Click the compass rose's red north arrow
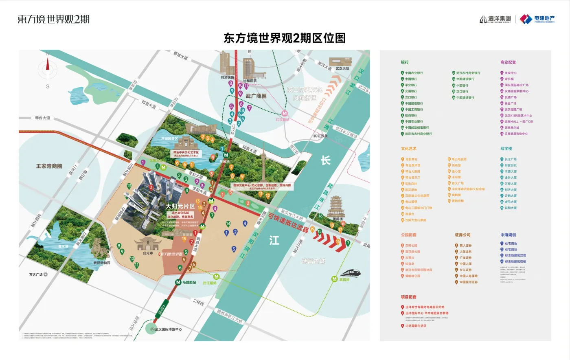(48, 64)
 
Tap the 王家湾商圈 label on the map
(49, 166)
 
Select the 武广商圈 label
(256, 96)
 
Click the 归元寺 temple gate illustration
(147, 243)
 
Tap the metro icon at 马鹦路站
(178, 282)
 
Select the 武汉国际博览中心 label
(168, 329)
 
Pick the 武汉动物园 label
(102, 263)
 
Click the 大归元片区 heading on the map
(180, 206)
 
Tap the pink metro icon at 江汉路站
(285, 114)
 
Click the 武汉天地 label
(342, 68)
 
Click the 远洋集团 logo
(495, 19)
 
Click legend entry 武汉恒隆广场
(513, 110)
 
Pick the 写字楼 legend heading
(506, 149)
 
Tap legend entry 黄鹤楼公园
(412, 276)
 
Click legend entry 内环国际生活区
(416, 326)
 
